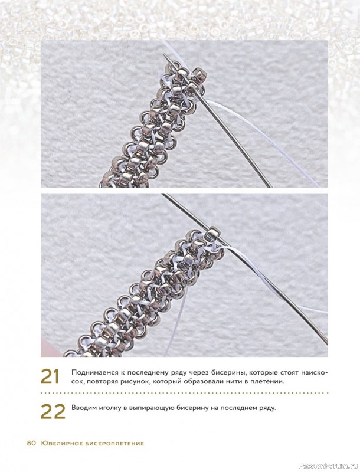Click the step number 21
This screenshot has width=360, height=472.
click(50, 376)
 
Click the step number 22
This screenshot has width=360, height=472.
click(53, 411)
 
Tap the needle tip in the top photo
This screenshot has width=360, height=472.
click(164, 54)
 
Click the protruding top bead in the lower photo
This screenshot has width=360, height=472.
click(212, 233)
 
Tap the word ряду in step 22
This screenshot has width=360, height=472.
click(267, 409)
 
